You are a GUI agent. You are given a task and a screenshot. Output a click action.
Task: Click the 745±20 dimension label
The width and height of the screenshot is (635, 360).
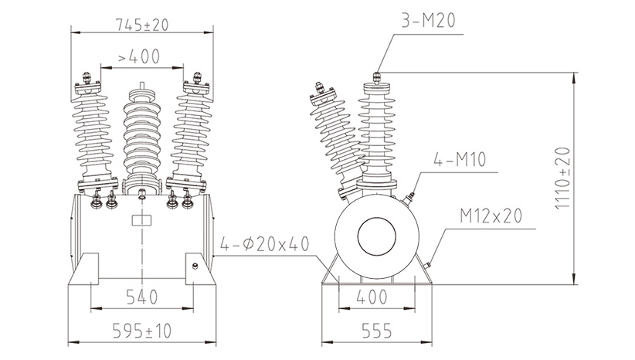[141, 25]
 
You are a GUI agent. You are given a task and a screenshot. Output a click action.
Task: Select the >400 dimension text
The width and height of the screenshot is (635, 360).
[140, 56]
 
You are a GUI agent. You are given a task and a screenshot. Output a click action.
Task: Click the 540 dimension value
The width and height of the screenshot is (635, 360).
[141, 297]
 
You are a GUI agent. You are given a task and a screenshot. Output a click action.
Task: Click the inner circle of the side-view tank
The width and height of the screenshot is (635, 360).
[378, 236]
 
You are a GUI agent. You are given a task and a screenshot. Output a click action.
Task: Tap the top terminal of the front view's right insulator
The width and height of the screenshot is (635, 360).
[197, 79]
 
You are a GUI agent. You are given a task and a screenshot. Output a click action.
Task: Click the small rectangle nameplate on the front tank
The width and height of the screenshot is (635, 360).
[141, 220]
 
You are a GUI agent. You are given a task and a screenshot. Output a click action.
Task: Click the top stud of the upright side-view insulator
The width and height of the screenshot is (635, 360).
[377, 76]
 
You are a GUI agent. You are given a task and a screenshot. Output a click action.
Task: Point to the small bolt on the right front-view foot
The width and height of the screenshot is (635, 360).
[195, 267]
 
